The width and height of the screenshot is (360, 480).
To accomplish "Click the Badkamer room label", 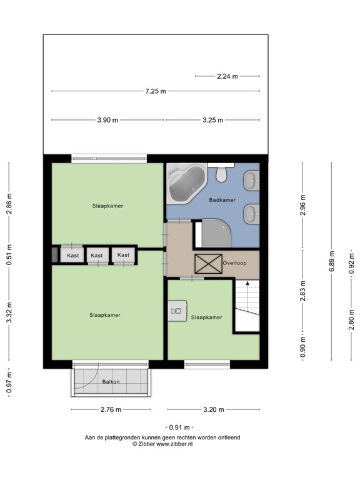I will click(222, 200).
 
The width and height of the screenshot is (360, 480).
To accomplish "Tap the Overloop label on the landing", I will click(234, 263).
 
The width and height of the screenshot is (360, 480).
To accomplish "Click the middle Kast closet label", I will click(96, 255).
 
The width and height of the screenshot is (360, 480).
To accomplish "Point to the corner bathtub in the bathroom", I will click(185, 183).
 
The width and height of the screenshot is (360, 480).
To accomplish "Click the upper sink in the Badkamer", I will click(251, 181).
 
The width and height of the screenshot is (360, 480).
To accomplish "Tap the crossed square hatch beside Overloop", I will click(207, 264).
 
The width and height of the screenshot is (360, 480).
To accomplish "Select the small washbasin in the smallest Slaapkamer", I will click(177, 311).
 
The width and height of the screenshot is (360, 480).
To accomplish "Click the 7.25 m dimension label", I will click(156, 91).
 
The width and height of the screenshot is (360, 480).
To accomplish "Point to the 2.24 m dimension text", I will click(227, 76).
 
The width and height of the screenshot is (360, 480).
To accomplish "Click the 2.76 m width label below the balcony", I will click(110, 410).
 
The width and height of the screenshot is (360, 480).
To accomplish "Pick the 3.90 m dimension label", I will click(107, 120).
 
